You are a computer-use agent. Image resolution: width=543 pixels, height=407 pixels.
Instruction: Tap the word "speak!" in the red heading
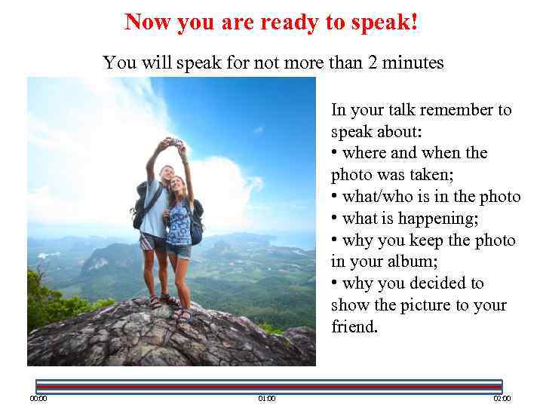point(384,23)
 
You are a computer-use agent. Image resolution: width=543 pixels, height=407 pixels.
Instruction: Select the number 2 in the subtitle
point(373,63)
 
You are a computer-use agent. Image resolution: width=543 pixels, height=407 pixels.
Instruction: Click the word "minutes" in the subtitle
point(414,63)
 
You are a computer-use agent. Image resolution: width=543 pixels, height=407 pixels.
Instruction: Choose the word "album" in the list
point(392,262)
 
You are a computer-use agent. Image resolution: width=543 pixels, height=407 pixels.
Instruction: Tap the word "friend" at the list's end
point(353,327)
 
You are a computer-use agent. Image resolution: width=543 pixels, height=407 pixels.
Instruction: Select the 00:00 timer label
point(38,398)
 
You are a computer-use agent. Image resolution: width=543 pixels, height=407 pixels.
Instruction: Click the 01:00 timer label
point(266,398)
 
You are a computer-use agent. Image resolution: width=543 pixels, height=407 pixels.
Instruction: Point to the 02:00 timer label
point(502,398)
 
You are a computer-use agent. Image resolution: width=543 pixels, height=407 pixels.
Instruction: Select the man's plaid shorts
point(153,242)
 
